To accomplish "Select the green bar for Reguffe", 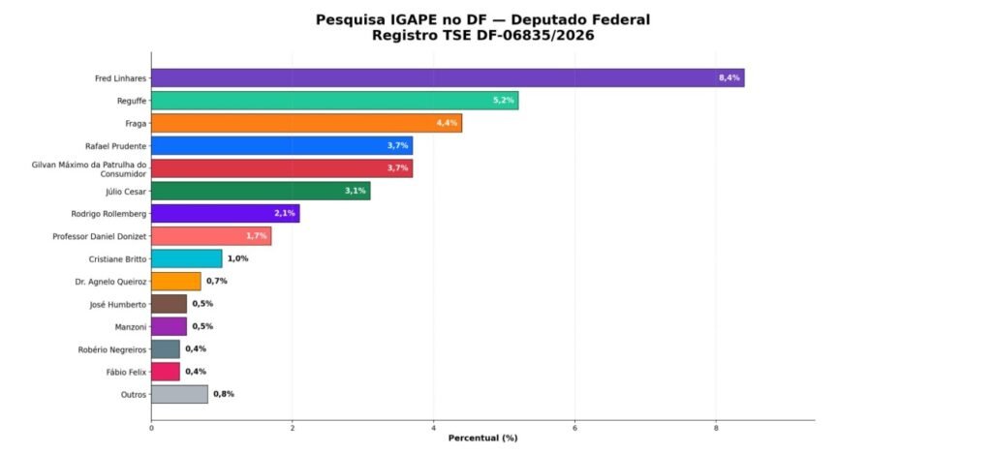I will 334,101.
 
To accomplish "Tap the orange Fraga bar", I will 306,123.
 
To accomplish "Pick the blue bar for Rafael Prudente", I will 282,145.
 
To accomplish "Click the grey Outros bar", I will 179,394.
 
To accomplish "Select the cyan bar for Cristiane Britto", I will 186,258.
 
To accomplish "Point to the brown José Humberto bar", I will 169,304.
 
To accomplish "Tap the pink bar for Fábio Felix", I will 166,372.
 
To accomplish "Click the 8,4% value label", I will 728,77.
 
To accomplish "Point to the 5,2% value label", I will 503,101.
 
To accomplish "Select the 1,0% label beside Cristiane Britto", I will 237,258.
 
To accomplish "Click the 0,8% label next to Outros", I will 223,394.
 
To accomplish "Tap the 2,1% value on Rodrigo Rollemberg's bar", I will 285,213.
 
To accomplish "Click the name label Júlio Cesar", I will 126,191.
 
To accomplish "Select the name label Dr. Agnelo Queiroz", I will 110,282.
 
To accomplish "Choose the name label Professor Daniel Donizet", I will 99,236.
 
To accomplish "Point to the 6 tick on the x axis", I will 575,427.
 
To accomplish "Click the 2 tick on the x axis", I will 293,427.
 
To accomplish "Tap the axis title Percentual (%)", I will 482,438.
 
